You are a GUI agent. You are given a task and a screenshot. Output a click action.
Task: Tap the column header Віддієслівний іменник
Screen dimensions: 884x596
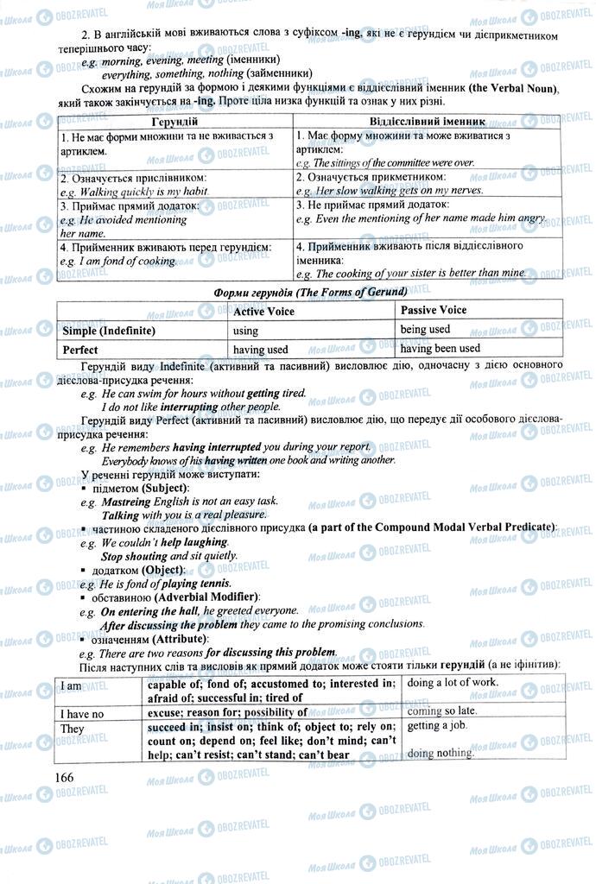tap(428, 122)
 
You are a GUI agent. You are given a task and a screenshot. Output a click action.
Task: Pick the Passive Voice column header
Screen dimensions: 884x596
tap(434, 310)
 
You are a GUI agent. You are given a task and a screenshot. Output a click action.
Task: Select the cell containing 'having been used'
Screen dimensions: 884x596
tap(441, 349)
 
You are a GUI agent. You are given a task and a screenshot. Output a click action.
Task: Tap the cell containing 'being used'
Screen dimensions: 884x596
tap(425, 329)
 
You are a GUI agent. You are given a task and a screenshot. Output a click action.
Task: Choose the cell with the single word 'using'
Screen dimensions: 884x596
tap(246, 331)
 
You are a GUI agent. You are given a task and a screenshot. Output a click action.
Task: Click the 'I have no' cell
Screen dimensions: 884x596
tap(83, 713)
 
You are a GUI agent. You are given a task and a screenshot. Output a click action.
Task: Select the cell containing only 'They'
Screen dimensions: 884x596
tap(73, 729)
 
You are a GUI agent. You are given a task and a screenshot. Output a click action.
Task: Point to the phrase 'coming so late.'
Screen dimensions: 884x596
tap(442, 711)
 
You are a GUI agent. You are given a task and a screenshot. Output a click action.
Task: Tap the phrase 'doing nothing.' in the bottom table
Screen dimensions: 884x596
tap(441, 753)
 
